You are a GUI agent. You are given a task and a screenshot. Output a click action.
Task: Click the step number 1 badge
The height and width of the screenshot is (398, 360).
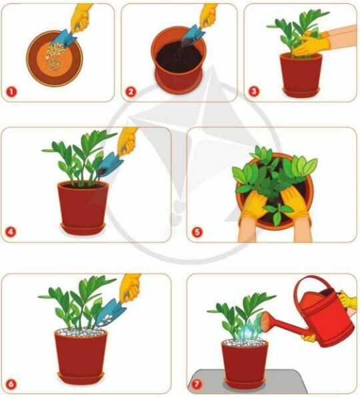[x=11, y=91]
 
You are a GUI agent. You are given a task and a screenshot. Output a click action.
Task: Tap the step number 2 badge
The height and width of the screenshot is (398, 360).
[x=131, y=91]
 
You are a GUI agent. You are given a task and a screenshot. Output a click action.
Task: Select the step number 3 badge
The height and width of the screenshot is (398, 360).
[x=253, y=91]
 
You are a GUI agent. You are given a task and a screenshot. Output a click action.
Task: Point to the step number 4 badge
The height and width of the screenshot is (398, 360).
[x=11, y=231]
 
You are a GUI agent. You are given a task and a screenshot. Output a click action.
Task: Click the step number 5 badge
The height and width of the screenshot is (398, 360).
[x=197, y=232]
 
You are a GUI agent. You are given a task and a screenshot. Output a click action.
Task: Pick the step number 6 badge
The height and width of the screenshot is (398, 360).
[x=11, y=384]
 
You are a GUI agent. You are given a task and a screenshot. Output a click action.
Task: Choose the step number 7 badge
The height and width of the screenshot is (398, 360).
[x=197, y=384]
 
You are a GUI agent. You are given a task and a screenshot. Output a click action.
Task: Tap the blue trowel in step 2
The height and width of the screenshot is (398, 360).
[x=193, y=34]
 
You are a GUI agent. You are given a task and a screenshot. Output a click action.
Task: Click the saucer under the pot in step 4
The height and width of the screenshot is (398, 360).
[x=83, y=228]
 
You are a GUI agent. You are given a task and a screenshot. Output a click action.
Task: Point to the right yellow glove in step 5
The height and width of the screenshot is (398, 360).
[x=295, y=203]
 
